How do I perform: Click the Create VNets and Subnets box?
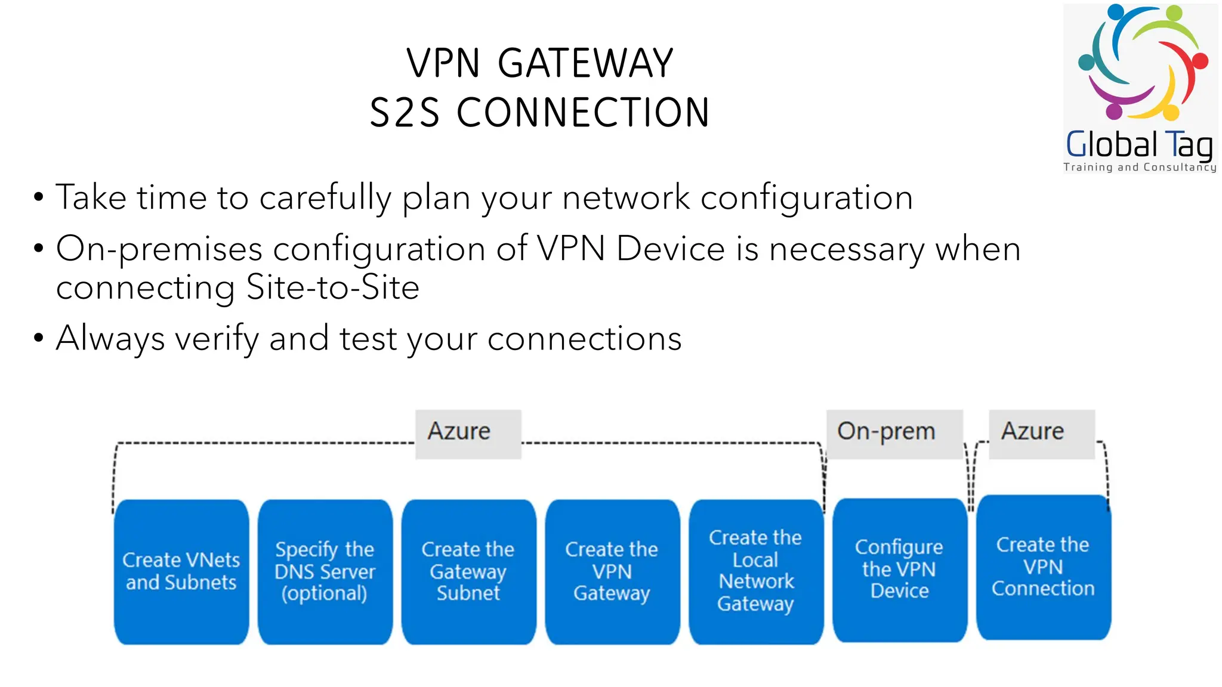click(x=181, y=571)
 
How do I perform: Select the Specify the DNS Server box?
click(x=325, y=571)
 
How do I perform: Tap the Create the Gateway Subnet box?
click(x=468, y=571)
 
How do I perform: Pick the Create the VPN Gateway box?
click(x=612, y=571)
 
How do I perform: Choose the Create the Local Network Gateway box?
click(x=756, y=571)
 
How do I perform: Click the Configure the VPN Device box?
click(x=900, y=570)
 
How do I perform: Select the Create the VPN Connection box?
click(x=1044, y=567)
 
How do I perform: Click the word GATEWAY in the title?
click(x=585, y=63)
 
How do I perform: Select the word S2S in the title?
click(x=405, y=113)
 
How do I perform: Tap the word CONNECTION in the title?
click(x=583, y=113)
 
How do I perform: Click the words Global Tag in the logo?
click(x=1139, y=145)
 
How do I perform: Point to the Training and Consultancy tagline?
click(x=1139, y=168)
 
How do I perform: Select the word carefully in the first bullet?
click(x=325, y=198)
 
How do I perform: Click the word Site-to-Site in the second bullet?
click(x=332, y=288)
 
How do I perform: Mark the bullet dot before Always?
click(x=39, y=338)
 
